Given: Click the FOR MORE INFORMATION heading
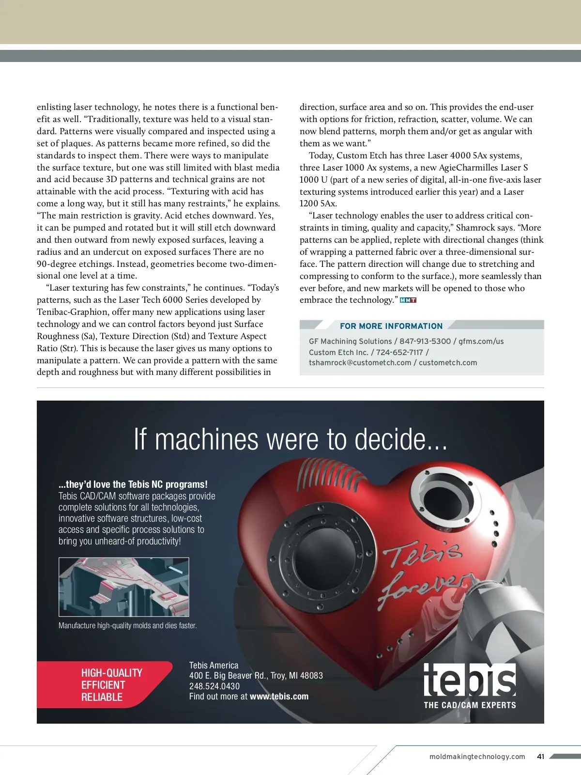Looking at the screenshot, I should click(391, 326).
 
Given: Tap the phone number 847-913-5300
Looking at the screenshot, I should click(425, 341).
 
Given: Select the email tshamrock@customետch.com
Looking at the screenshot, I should click(360, 362).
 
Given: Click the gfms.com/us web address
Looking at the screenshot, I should click(481, 341).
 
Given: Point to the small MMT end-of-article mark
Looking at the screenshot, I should click(408, 300).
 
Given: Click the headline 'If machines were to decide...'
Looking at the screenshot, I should click(290, 439).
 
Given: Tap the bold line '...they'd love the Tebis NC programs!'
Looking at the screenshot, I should click(133, 484).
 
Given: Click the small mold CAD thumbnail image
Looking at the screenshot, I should click(123, 587).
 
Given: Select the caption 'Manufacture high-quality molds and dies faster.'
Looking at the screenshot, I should click(127, 625).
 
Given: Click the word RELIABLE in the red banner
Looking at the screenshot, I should click(102, 697).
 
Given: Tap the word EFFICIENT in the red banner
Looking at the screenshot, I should click(103, 685).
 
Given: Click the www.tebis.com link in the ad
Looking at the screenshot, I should click(279, 697).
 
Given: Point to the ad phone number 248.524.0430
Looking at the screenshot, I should click(214, 686).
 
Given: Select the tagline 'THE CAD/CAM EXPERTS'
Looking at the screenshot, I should click(470, 705).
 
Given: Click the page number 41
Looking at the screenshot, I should click(541, 757).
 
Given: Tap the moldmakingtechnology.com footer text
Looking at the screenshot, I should click(477, 757).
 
